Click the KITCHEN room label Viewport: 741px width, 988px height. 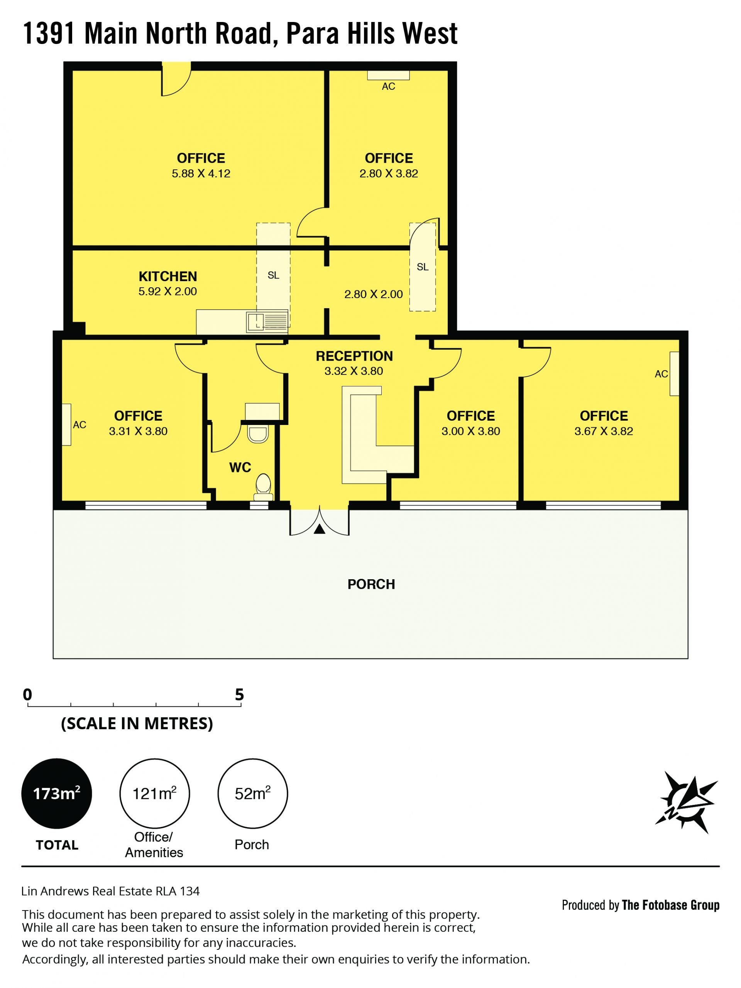(167, 276)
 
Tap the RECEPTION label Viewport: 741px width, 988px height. (354, 356)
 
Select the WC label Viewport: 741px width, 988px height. (240, 467)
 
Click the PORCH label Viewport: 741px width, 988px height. (371, 584)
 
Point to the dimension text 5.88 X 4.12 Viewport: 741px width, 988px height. (201, 173)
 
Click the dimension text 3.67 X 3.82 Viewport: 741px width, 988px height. (604, 431)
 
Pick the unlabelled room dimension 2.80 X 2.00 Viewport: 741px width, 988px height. (374, 294)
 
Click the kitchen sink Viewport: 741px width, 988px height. (267, 322)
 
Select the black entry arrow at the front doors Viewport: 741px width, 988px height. (319, 529)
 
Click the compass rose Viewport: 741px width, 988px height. (686, 802)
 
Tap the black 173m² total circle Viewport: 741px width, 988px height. (57, 794)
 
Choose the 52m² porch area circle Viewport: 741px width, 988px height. (252, 794)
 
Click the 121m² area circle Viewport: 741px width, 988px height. (155, 794)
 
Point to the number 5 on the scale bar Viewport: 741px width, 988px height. (240, 695)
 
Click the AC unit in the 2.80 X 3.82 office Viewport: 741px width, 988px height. (388, 75)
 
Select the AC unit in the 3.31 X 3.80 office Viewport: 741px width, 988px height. (66, 424)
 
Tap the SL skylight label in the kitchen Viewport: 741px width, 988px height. (274, 276)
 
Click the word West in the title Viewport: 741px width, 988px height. (430, 34)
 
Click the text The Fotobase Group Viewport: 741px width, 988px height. (670, 905)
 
